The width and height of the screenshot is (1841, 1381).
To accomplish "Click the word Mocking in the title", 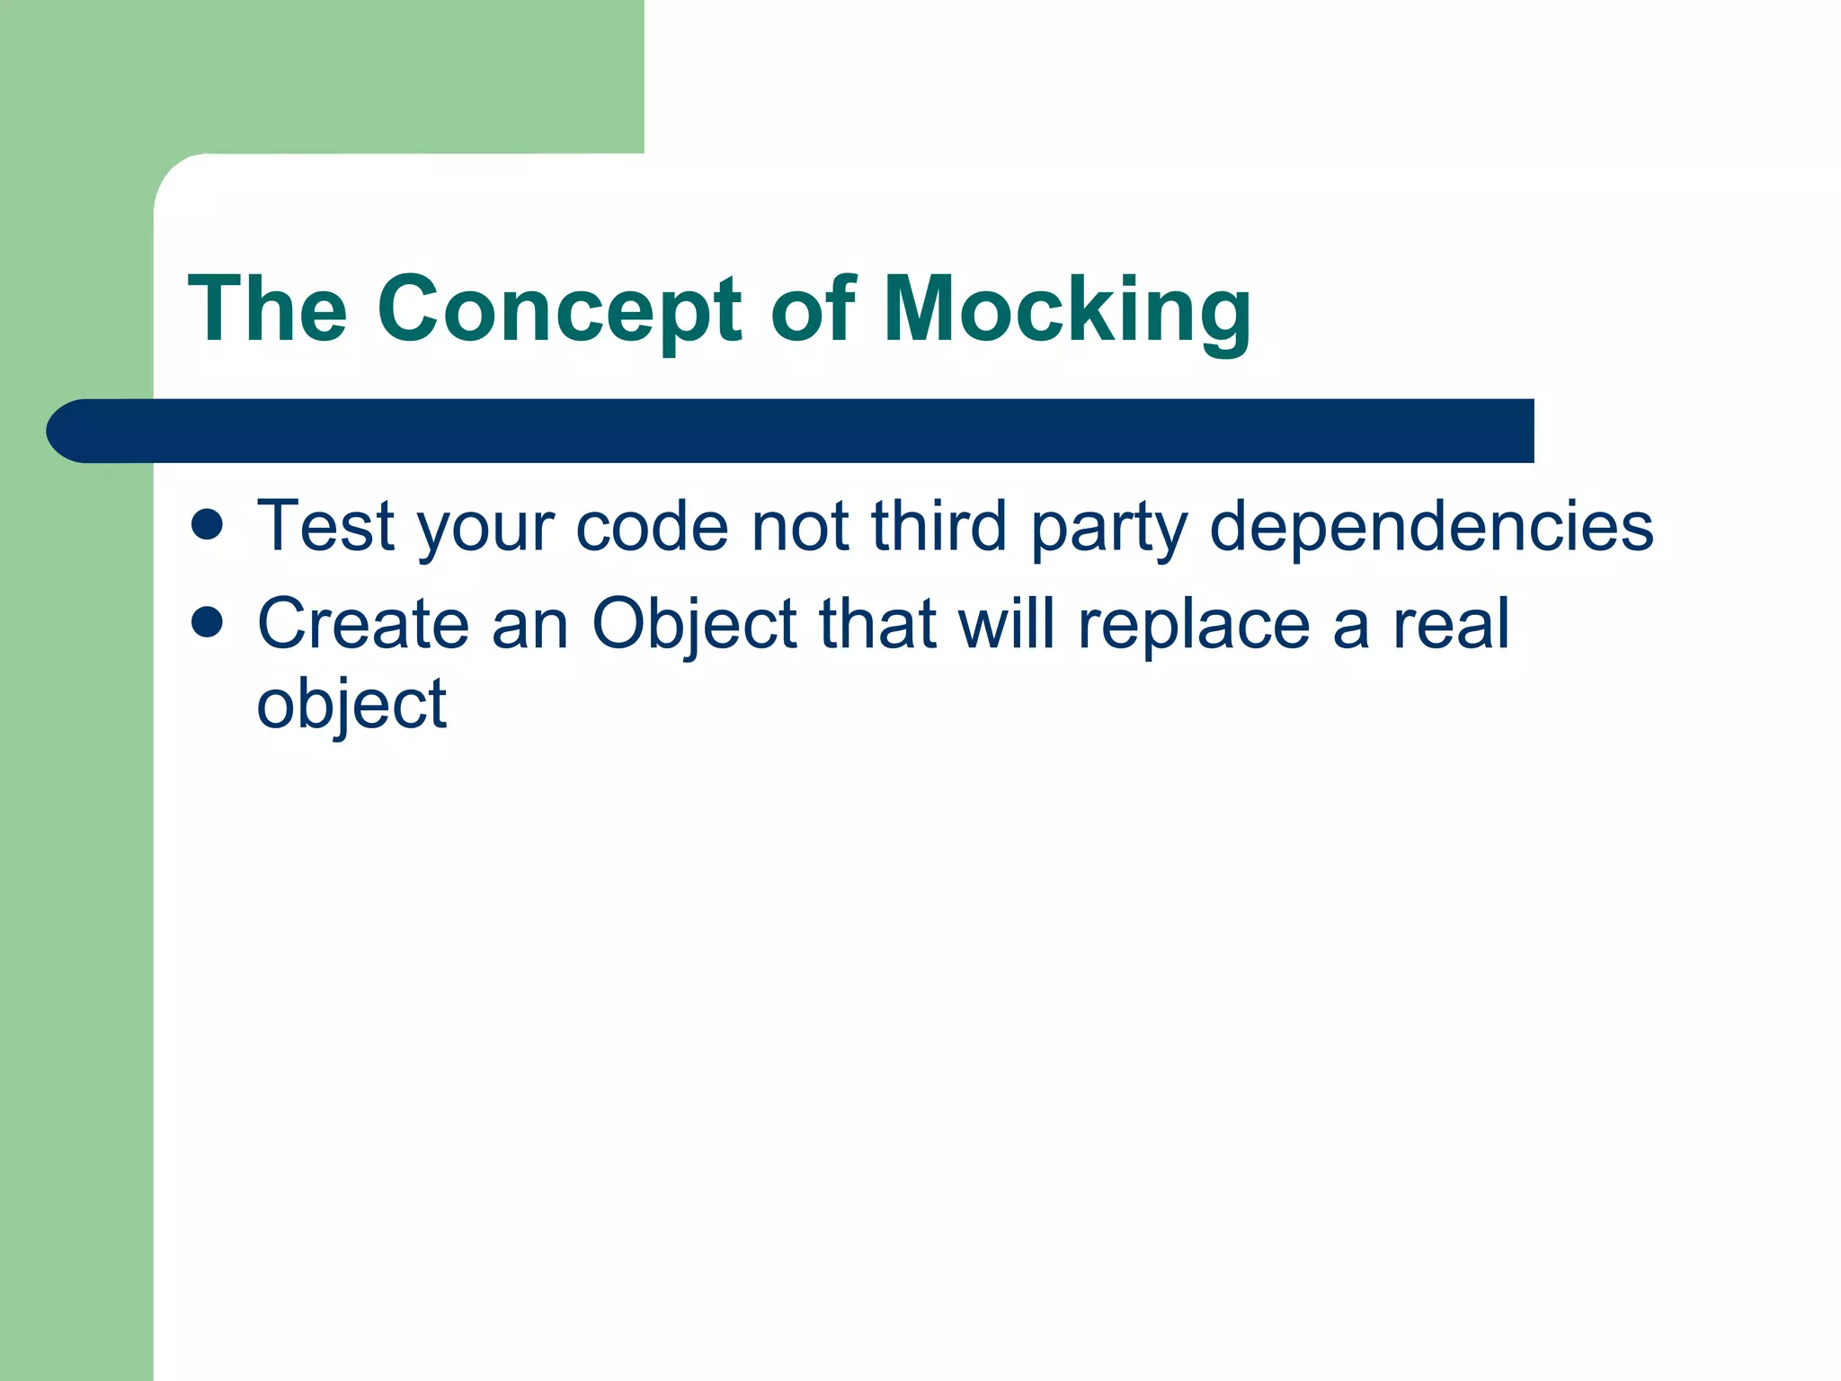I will [x=1067, y=310].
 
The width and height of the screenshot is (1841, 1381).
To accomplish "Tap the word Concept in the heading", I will [x=559, y=310].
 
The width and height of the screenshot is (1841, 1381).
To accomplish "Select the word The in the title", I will [x=267, y=310].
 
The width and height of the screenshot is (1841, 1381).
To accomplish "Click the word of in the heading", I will [x=813, y=310].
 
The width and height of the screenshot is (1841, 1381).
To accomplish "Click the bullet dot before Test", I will [x=208, y=525].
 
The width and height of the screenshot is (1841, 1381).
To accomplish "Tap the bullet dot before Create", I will [x=208, y=622].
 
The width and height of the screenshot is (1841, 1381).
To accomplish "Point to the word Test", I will [x=325, y=526].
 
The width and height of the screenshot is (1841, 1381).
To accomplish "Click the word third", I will [x=938, y=526].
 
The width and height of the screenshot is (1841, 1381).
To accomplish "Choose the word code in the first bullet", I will [x=652, y=526].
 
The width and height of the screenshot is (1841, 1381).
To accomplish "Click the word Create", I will [x=363, y=624].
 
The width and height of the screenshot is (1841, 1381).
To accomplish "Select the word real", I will [x=1451, y=624].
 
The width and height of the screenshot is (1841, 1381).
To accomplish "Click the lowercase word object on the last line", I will [x=351, y=705].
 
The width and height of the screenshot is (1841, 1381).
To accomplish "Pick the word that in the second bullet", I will [x=877, y=624].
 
